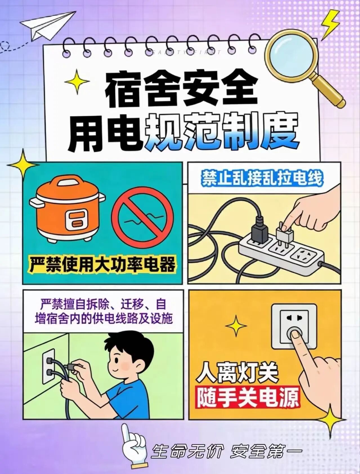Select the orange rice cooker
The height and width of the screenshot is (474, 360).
pyautogui.click(x=67, y=210)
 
